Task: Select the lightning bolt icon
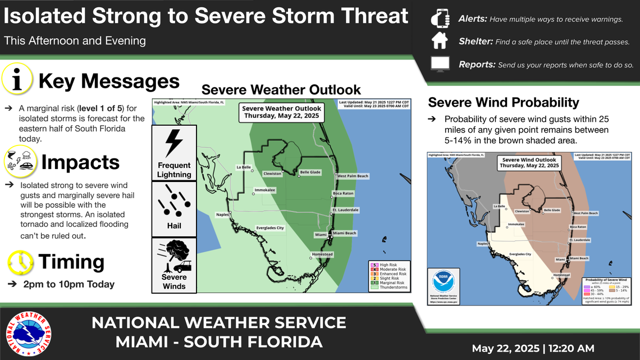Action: click(x=174, y=144)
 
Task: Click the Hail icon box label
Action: click(x=174, y=226)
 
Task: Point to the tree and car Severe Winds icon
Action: click(x=174, y=257)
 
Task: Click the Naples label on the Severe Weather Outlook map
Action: click(x=223, y=214)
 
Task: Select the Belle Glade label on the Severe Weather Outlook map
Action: click(x=311, y=172)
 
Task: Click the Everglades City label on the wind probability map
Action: click(x=520, y=254)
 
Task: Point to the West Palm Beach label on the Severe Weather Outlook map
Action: click(x=353, y=176)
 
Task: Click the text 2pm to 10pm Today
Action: click(x=68, y=284)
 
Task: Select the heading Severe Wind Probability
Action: click(x=503, y=102)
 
